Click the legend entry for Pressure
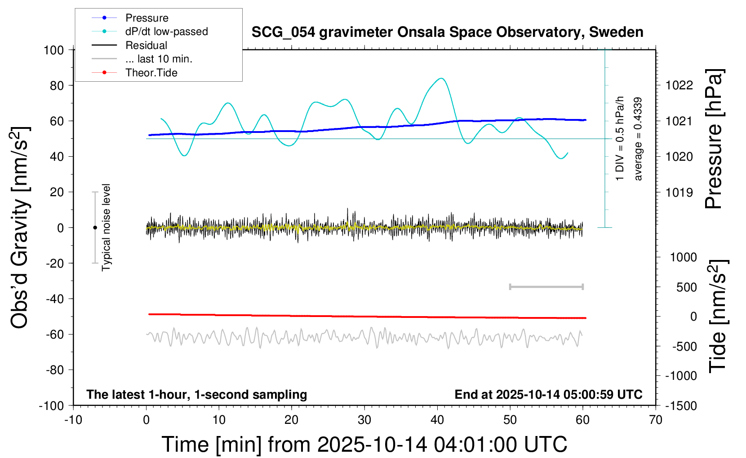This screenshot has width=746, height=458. pyautogui.click(x=147, y=18)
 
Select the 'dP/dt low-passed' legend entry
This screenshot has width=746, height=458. pyautogui.click(x=166, y=31)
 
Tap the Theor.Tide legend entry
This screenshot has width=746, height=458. pyautogui.click(x=151, y=73)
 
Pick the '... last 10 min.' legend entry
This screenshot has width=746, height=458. pyautogui.click(x=159, y=59)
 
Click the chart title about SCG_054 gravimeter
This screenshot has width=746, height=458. pyautogui.click(x=447, y=32)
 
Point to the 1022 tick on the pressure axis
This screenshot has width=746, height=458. pyautogui.click(x=679, y=85)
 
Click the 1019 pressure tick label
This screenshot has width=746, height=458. pyautogui.click(x=679, y=193)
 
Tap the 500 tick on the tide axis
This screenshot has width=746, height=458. pyautogui.click(x=686, y=287)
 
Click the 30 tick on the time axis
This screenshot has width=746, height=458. pyautogui.click(x=364, y=420)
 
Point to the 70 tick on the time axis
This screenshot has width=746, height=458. pyautogui.click(x=656, y=420)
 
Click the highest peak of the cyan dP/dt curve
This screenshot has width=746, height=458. pyautogui.click(x=442, y=79)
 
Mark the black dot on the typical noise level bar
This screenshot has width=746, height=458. pyautogui.click(x=95, y=228)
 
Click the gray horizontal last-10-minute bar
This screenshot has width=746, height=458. pyautogui.click(x=546, y=286)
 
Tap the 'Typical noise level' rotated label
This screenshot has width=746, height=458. pyautogui.click(x=106, y=227)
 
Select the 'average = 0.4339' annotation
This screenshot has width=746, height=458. pyautogui.click(x=638, y=139)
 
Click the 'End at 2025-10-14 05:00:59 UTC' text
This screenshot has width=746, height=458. pyautogui.click(x=548, y=395)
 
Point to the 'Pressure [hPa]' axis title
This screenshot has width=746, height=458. pyautogui.click(x=714, y=139)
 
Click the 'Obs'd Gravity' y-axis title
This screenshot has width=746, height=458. pyautogui.click(x=21, y=227)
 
